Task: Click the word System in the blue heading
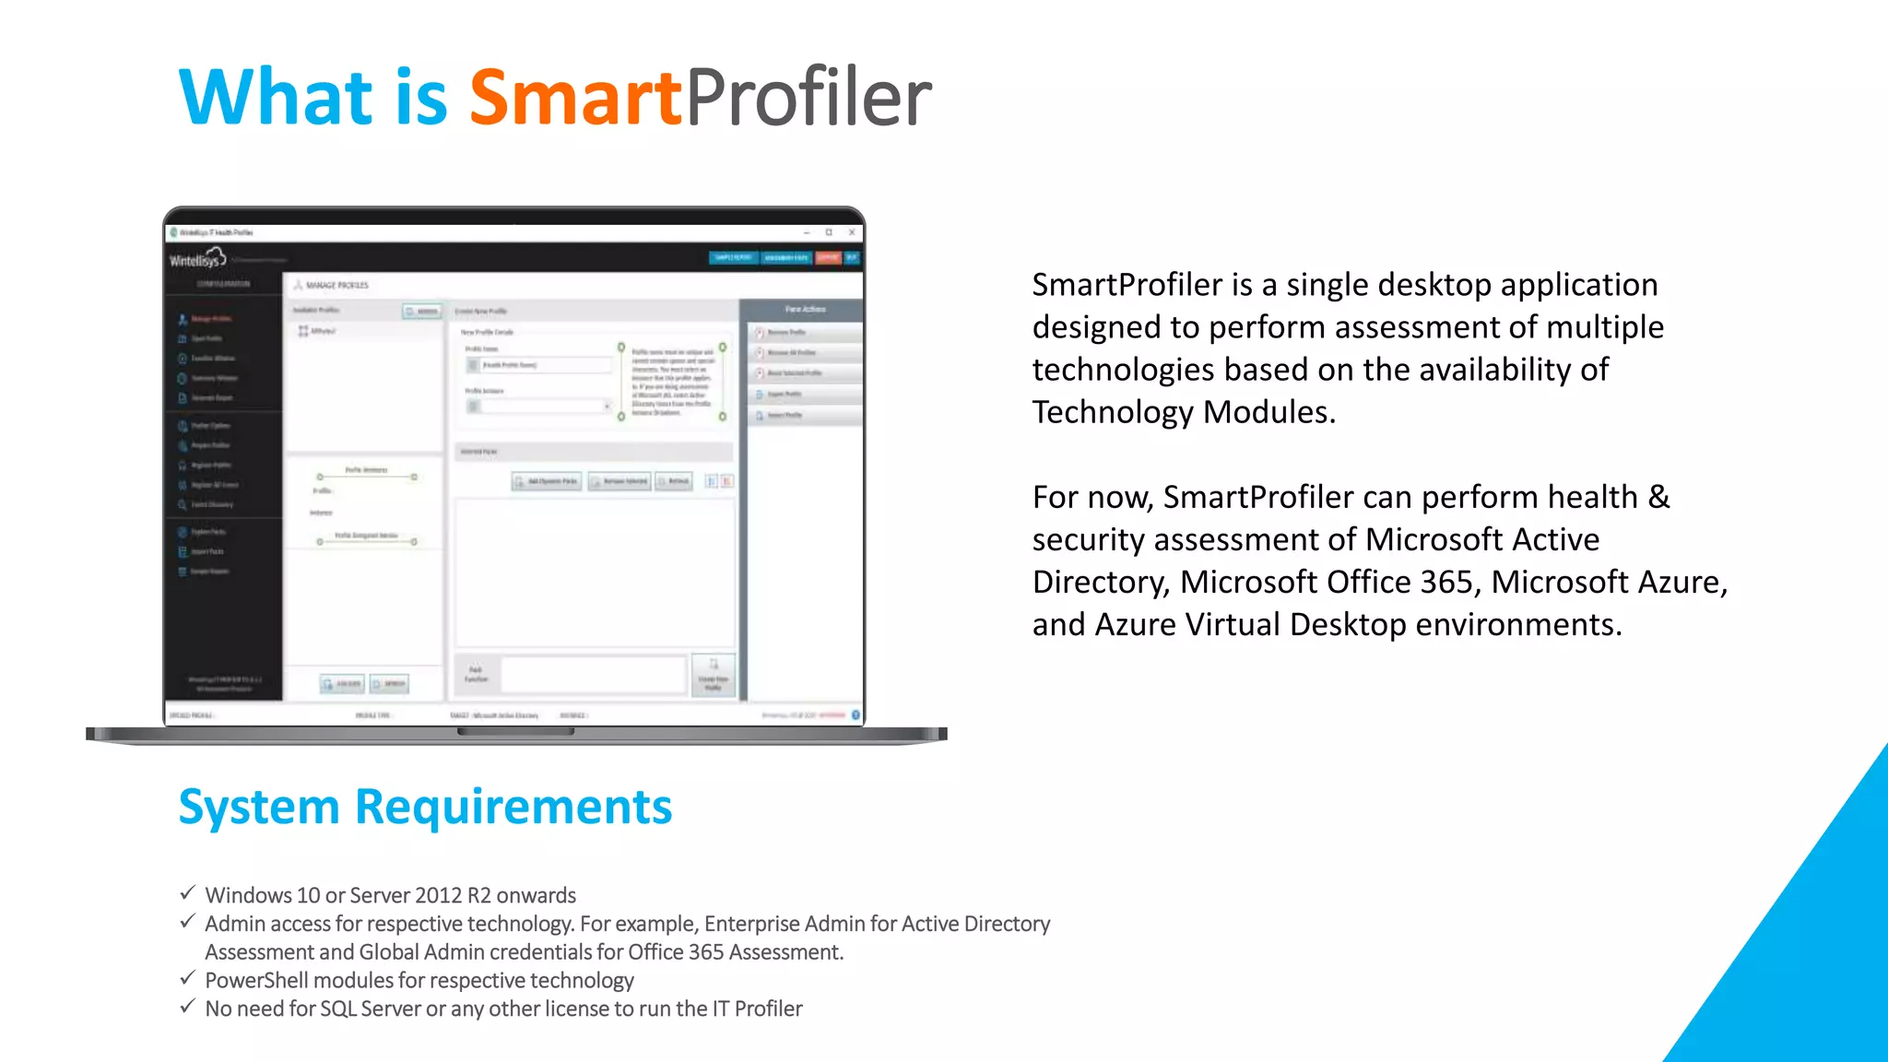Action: (x=259, y=807)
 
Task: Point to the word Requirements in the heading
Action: (x=513, y=807)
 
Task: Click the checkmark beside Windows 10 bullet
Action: (x=187, y=893)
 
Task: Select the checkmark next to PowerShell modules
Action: (x=187, y=978)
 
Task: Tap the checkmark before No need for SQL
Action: (x=187, y=1007)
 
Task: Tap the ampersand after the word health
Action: (x=1658, y=497)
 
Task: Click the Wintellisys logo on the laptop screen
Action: (x=196, y=259)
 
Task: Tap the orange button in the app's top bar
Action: (x=827, y=257)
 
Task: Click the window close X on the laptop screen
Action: (x=852, y=232)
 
